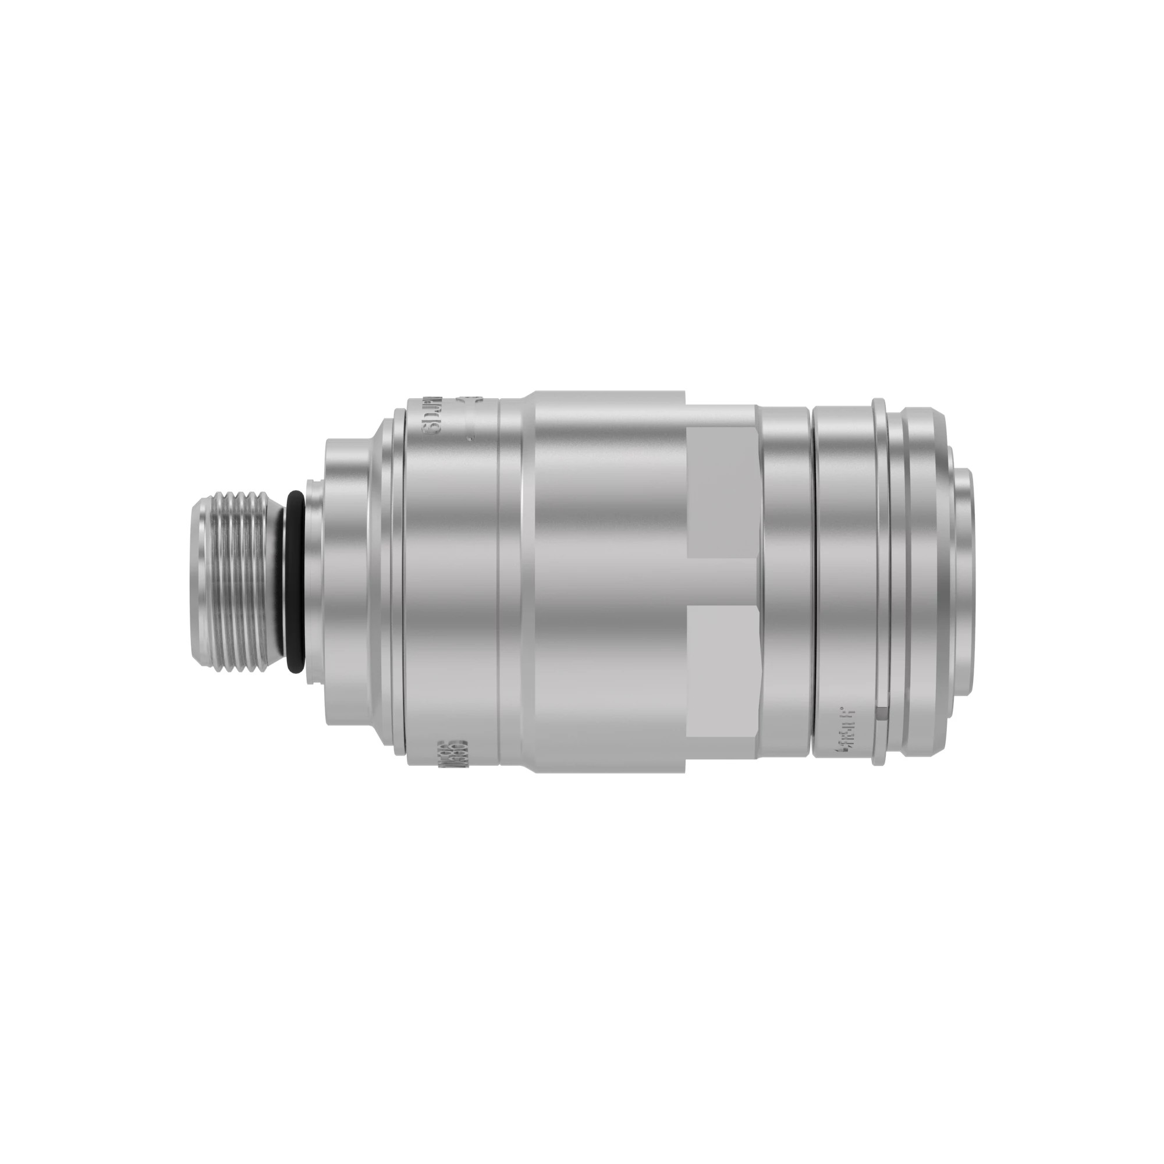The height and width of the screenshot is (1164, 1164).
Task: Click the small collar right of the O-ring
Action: [x=314, y=582]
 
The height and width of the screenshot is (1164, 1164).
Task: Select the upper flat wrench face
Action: [x=721, y=492]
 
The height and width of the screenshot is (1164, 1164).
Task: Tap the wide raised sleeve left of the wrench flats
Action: [x=609, y=582]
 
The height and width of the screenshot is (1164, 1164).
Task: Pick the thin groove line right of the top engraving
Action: [x=499, y=582]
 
